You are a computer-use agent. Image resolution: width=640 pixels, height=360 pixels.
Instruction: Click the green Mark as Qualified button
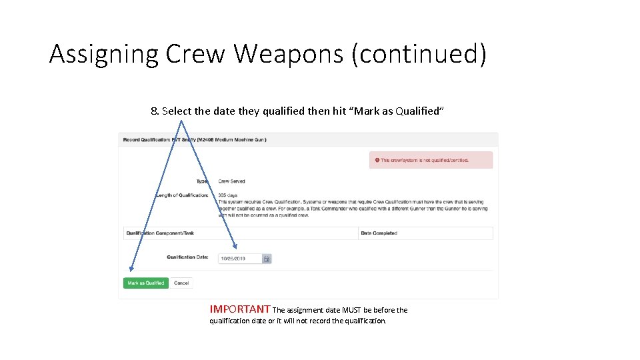click(x=146, y=283)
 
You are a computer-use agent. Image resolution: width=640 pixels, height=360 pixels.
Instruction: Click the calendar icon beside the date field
click(x=267, y=259)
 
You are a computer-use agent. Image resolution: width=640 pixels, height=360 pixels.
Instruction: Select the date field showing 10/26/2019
click(x=240, y=259)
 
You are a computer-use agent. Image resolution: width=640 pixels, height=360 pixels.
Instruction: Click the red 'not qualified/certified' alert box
click(x=431, y=160)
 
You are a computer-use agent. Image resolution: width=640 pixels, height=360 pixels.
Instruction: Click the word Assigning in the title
click(x=104, y=53)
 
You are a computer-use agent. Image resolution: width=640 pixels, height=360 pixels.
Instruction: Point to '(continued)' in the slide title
click(x=419, y=53)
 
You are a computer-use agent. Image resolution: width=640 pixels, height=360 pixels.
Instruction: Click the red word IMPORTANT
click(x=240, y=309)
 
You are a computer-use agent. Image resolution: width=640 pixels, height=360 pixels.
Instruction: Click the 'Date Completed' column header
click(x=379, y=233)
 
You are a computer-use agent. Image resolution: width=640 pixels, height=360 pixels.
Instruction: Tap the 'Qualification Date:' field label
click(x=187, y=257)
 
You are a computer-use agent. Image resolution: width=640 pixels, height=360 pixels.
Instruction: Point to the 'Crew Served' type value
click(x=231, y=181)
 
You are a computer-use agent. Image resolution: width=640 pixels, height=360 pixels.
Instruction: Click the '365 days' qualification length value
click(x=227, y=195)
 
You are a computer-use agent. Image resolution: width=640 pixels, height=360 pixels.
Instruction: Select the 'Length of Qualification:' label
click(x=182, y=195)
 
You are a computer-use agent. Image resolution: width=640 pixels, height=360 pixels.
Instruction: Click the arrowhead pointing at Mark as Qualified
click(x=131, y=269)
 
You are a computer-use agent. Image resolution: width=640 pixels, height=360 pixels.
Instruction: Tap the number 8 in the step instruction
click(x=154, y=111)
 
